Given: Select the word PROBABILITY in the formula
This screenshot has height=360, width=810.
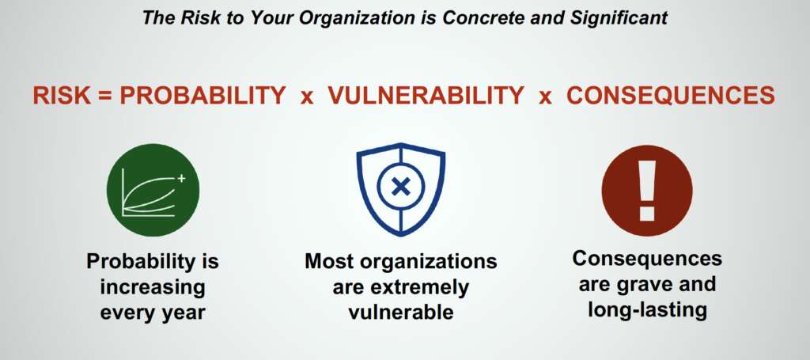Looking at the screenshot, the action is click(202, 96).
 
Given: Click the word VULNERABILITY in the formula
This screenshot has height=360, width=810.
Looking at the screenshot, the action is click(426, 96).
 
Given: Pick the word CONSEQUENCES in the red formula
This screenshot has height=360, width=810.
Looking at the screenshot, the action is click(671, 96).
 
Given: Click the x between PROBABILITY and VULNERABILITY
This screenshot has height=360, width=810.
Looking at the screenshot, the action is click(307, 97).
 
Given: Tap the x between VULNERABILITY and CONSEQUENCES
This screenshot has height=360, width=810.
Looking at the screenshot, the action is click(545, 97).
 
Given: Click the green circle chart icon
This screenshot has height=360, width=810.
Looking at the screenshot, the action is click(153, 190).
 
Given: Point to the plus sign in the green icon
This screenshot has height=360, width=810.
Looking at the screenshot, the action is click(181, 179).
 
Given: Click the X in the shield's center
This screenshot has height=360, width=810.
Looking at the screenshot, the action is click(401, 187).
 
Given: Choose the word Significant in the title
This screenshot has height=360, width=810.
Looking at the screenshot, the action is click(619, 18).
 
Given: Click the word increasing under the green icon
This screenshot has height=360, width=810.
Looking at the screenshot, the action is click(153, 288).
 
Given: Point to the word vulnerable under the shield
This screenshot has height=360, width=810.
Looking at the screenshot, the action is click(401, 312).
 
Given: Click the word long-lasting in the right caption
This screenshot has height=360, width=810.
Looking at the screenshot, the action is click(647, 309).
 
